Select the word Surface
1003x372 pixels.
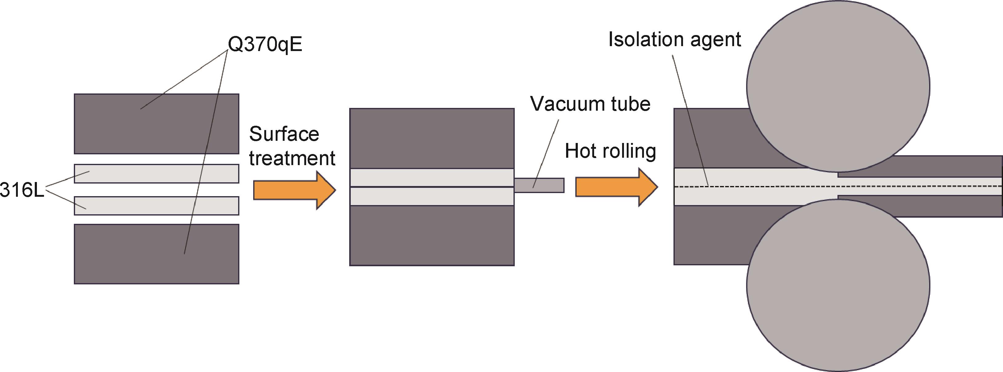pyautogui.click(x=284, y=134)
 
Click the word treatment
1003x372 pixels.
pyautogui.click(x=292, y=158)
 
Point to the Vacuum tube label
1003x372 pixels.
pyautogui.click(x=590, y=104)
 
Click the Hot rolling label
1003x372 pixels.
pyautogui.click(x=610, y=151)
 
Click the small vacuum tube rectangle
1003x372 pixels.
pyautogui.click(x=539, y=185)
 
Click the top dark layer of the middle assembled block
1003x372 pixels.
pyautogui.click(x=432, y=138)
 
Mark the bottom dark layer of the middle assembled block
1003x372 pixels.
pyautogui.click(x=432, y=235)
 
